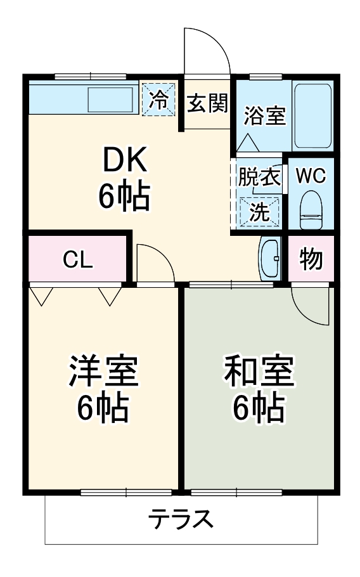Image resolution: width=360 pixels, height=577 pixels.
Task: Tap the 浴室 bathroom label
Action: [265, 115]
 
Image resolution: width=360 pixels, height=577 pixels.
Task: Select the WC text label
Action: [311, 176]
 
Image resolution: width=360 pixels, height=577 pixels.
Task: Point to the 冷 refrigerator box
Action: [158, 100]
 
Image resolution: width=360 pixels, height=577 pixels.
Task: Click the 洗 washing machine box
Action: [259, 212]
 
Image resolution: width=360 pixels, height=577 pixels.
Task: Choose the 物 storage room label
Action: [311, 259]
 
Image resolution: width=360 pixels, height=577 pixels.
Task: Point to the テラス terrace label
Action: [181, 520]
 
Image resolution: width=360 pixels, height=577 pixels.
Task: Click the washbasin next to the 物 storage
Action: [271, 258]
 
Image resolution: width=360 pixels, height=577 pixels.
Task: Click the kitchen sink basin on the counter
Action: [110, 100]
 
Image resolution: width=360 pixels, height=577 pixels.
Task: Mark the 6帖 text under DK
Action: [124, 198]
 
